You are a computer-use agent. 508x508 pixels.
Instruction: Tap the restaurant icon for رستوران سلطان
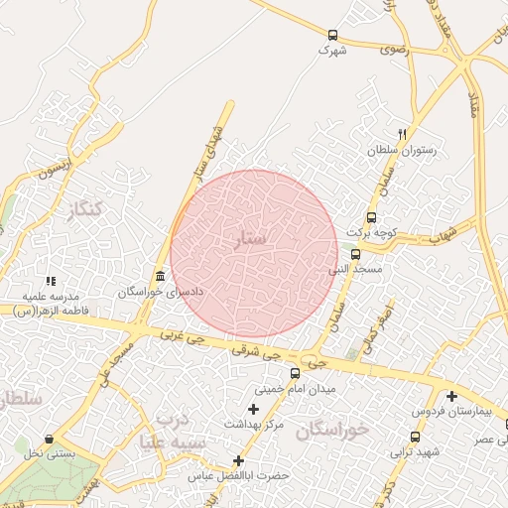coord(402,133)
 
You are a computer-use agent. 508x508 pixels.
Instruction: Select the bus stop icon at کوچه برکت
coord(371,217)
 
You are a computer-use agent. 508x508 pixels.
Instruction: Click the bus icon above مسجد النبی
coord(355,253)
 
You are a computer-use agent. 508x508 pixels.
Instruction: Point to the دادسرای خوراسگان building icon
coord(161,276)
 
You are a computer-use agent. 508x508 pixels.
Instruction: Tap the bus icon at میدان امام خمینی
coord(295,374)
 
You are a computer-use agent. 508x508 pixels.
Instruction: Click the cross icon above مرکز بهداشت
coord(253,409)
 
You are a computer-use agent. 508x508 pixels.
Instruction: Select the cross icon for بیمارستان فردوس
coord(451,395)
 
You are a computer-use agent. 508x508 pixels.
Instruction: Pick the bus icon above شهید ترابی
coord(414,437)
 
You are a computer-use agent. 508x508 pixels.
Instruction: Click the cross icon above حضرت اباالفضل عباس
coord(238,460)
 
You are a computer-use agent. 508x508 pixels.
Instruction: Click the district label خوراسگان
coord(332,430)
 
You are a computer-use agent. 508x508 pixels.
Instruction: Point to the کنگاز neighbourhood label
coord(80,210)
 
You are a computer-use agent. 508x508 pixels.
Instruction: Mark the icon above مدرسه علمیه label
coord(51,282)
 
